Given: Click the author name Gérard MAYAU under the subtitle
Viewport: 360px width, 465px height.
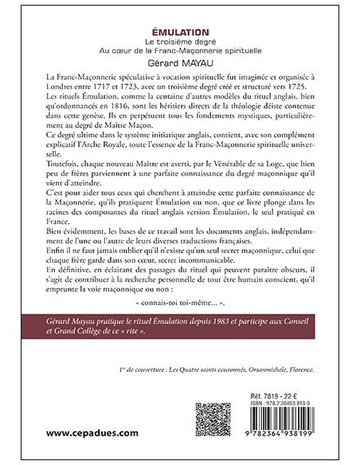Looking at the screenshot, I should [x=179, y=60].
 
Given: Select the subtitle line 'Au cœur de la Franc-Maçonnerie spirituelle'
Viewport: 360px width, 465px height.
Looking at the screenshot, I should [x=179, y=48].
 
